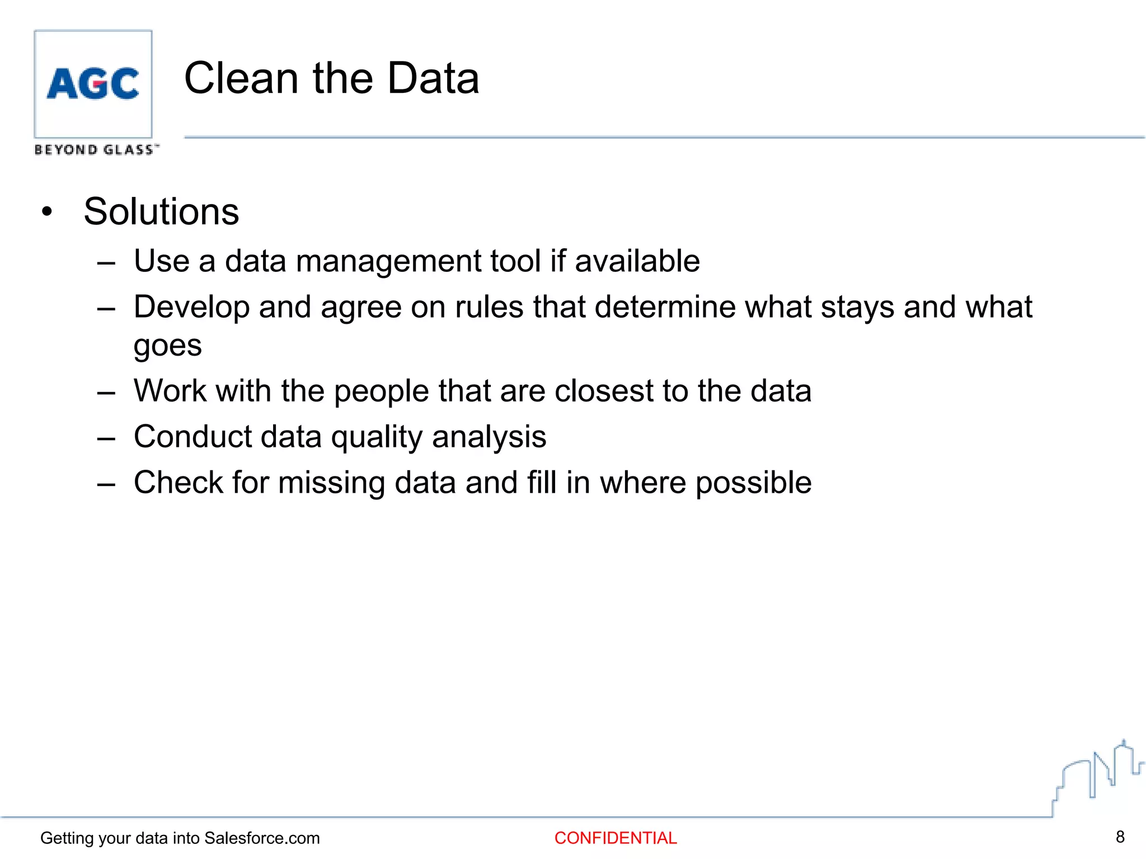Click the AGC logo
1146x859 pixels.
click(x=93, y=84)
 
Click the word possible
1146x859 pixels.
click(x=753, y=483)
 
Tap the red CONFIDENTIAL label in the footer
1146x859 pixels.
click(x=616, y=838)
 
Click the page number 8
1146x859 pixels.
click(x=1120, y=837)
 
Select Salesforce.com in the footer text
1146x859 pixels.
click(x=262, y=838)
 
